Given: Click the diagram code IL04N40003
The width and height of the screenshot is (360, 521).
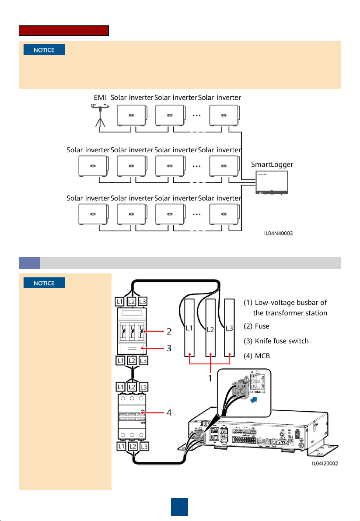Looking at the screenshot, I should tap(278, 234).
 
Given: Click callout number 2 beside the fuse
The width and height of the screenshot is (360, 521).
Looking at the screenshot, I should tap(169, 332).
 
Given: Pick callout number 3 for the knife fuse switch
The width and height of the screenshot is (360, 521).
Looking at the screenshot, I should tap(169, 348).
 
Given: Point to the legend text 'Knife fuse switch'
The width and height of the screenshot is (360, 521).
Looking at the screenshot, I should tap(282, 341).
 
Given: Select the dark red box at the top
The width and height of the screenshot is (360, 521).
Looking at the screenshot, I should tap(63, 31).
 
